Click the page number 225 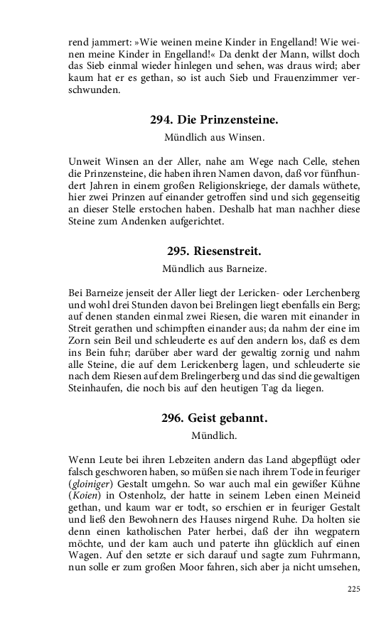click(x=355, y=589)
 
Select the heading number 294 click(x=161, y=120)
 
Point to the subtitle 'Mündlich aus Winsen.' click(x=215, y=136)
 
